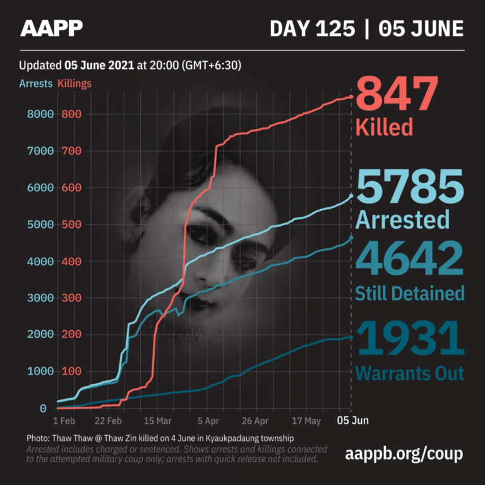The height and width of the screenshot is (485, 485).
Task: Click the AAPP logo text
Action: coord(52,28)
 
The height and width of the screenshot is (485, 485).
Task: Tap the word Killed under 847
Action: coord(384,128)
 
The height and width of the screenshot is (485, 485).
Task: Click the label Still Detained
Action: coord(410,293)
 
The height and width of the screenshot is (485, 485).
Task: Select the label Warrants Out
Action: coord(409,373)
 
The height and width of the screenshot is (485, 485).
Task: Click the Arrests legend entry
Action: coord(36,83)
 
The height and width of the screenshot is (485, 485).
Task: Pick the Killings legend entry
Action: coord(75,83)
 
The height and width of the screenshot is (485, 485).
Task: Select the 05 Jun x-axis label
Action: coord(352,421)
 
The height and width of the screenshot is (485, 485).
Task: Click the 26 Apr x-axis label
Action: coord(255,421)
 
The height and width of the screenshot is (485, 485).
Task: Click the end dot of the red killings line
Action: coord(352,97)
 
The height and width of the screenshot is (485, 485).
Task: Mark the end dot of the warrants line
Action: coord(352,337)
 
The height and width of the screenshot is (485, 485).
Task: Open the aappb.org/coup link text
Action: coord(405,453)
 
